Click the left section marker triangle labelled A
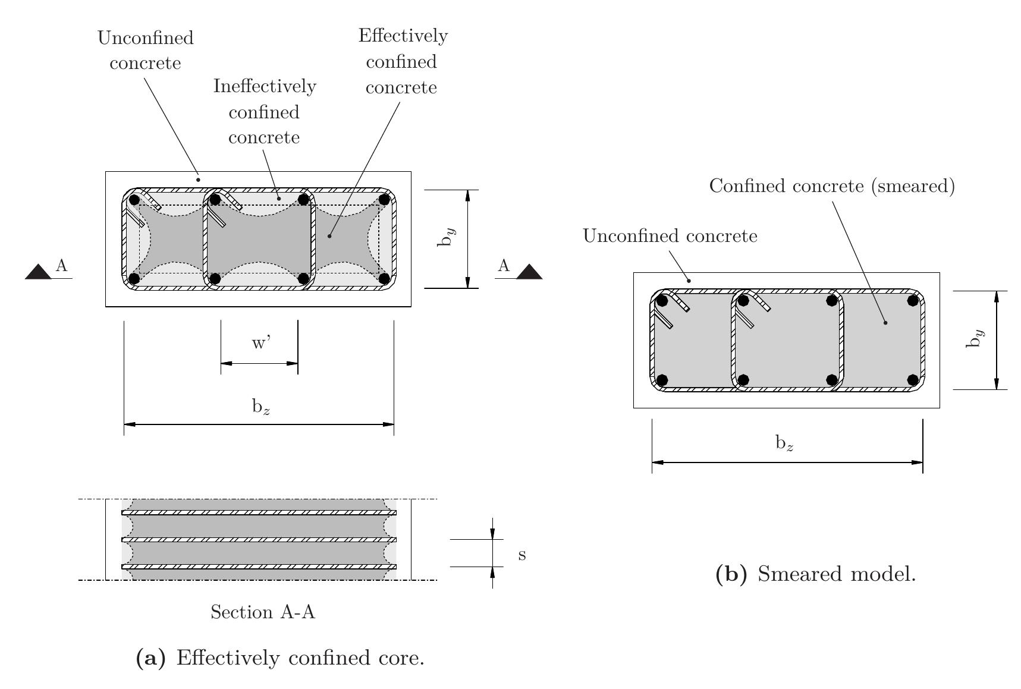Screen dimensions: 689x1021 click(x=39, y=272)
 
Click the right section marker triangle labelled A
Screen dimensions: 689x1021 click(x=529, y=272)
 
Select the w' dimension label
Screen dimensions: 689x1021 click(x=261, y=344)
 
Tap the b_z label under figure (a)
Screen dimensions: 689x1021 click(x=261, y=407)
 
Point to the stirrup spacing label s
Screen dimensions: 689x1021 click(x=522, y=555)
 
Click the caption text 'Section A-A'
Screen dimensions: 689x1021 click(x=263, y=612)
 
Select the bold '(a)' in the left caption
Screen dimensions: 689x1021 click(x=150, y=658)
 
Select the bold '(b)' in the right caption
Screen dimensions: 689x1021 click(x=731, y=574)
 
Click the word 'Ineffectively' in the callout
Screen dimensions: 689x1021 click(x=265, y=87)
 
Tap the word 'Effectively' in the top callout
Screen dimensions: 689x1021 click(x=403, y=36)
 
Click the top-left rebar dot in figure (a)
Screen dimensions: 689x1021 click(x=134, y=200)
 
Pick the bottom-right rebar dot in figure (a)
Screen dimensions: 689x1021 click(x=384, y=278)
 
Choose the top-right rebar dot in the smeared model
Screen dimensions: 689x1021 click(x=913, y=301)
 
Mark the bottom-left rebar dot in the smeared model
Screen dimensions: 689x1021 click(x=662, y=379)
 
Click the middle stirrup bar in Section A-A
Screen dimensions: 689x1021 click(x=259, y=539)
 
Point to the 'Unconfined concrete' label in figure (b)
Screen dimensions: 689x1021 click(x=670, y=236)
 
